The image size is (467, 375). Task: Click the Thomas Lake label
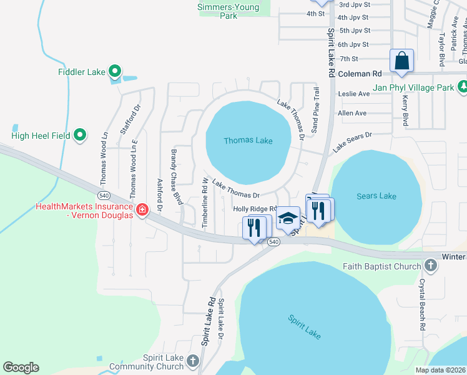click(248, 141)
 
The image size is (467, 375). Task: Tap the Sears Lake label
click(376, 196)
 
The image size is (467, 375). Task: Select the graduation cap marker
click(288, 219)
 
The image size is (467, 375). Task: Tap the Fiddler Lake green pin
click(114, 72)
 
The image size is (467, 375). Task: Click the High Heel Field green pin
click(80, 134)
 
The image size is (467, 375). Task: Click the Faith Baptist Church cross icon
click(430, 266)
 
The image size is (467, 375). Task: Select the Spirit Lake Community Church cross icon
click(192, 361)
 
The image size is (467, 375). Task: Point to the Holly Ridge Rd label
click(255, 209)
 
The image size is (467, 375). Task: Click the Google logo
click(21, 367)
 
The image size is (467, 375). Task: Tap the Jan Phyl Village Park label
click(413, 88)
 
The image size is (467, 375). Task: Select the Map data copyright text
click(440, 370)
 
